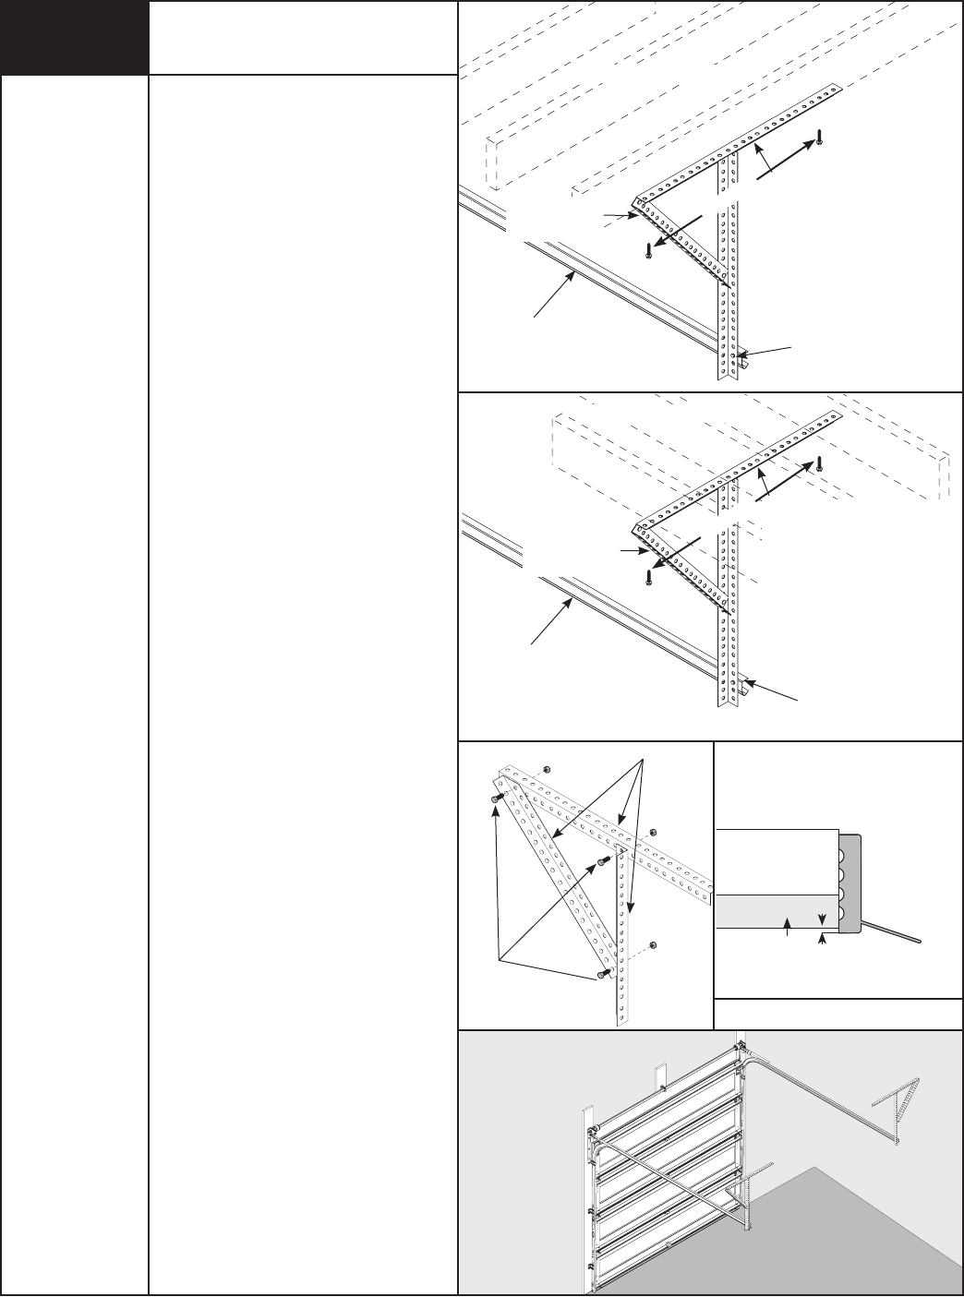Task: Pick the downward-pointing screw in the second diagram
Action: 649,577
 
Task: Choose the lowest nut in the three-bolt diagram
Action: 654,944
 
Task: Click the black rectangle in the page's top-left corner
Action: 74,37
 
